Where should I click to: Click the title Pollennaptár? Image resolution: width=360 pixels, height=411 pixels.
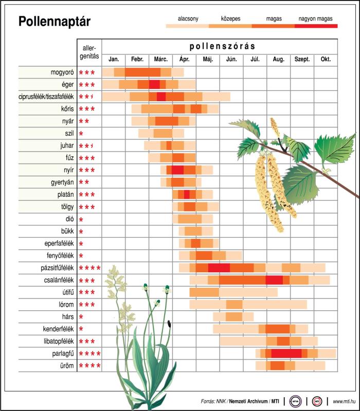point(54,22)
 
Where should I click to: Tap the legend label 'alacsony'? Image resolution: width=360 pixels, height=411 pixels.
point(188,18)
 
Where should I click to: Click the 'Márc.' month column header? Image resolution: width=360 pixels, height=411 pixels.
point(160,59)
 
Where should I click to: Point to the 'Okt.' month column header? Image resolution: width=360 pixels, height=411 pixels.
point(326,59)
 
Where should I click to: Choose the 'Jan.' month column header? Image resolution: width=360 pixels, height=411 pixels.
point(113,59)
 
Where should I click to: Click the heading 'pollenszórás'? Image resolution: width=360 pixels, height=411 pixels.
point(222,46)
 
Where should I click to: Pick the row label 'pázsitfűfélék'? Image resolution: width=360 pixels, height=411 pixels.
point(56,268)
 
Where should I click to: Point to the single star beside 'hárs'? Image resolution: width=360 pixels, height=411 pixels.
point(81,317)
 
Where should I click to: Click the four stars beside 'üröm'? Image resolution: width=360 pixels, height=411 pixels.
point(89,366)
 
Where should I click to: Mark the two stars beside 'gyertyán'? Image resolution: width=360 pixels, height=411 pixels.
point(84,182)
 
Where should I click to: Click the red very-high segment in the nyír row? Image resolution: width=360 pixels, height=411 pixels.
point(177,170)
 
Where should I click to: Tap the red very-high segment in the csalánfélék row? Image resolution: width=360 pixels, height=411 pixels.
point(274,280)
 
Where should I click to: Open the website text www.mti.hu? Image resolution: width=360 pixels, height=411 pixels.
point(345,401)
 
